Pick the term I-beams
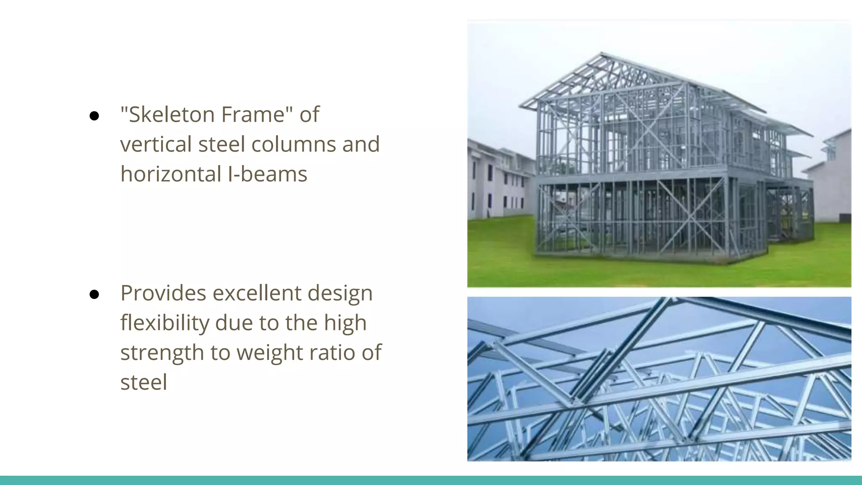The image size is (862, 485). [x=268, y=174]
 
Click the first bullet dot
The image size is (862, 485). [x=94, y=116]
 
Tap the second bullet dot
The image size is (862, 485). [x=94, y=295]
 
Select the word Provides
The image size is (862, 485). [x=163, y=293]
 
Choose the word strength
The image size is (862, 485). [x=162, y=353]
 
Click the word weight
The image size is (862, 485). [x=269, y=353]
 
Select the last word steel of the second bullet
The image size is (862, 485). [x=144, y=383]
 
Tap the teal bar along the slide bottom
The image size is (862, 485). [x=431, y=480]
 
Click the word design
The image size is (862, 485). [x=340, y=293]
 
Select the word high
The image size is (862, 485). [x=345, y=323]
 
